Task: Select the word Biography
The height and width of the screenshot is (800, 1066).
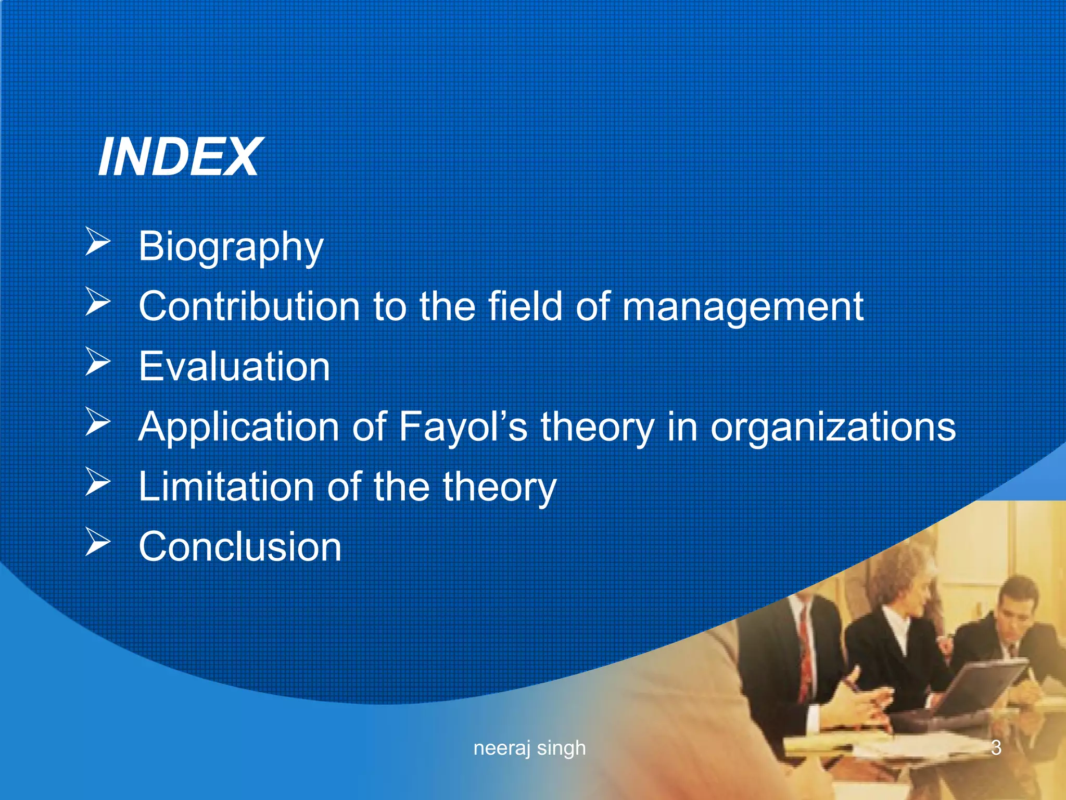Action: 231,247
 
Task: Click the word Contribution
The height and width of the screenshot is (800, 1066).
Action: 249,306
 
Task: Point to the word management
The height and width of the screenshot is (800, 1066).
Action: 743,307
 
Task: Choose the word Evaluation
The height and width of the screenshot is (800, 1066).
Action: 234,366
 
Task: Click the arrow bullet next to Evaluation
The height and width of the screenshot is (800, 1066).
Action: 97,362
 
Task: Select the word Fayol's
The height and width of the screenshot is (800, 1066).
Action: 463,427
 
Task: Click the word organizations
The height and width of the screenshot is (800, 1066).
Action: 833,427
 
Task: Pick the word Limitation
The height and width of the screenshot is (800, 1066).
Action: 225,486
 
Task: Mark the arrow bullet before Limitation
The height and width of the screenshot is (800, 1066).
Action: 97,482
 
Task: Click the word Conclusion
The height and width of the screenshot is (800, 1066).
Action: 240,546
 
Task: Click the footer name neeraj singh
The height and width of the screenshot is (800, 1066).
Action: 529,748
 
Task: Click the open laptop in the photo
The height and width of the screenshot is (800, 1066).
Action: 979,687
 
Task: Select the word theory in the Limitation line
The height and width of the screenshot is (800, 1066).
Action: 499,486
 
